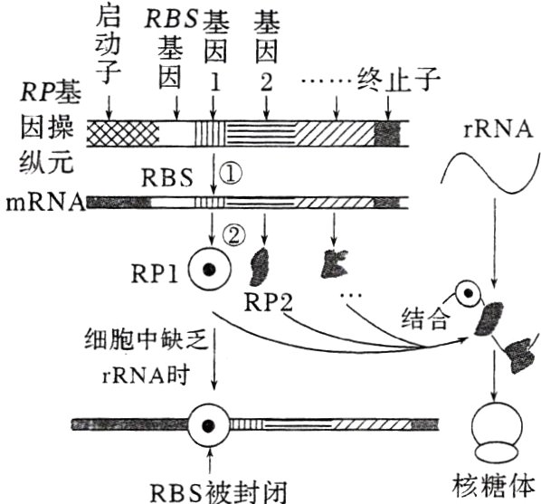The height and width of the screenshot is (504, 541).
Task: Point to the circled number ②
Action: pos(234,235)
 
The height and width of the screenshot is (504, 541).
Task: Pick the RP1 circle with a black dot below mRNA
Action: pos(210,269)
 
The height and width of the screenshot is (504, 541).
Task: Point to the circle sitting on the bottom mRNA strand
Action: pos(210,423)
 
